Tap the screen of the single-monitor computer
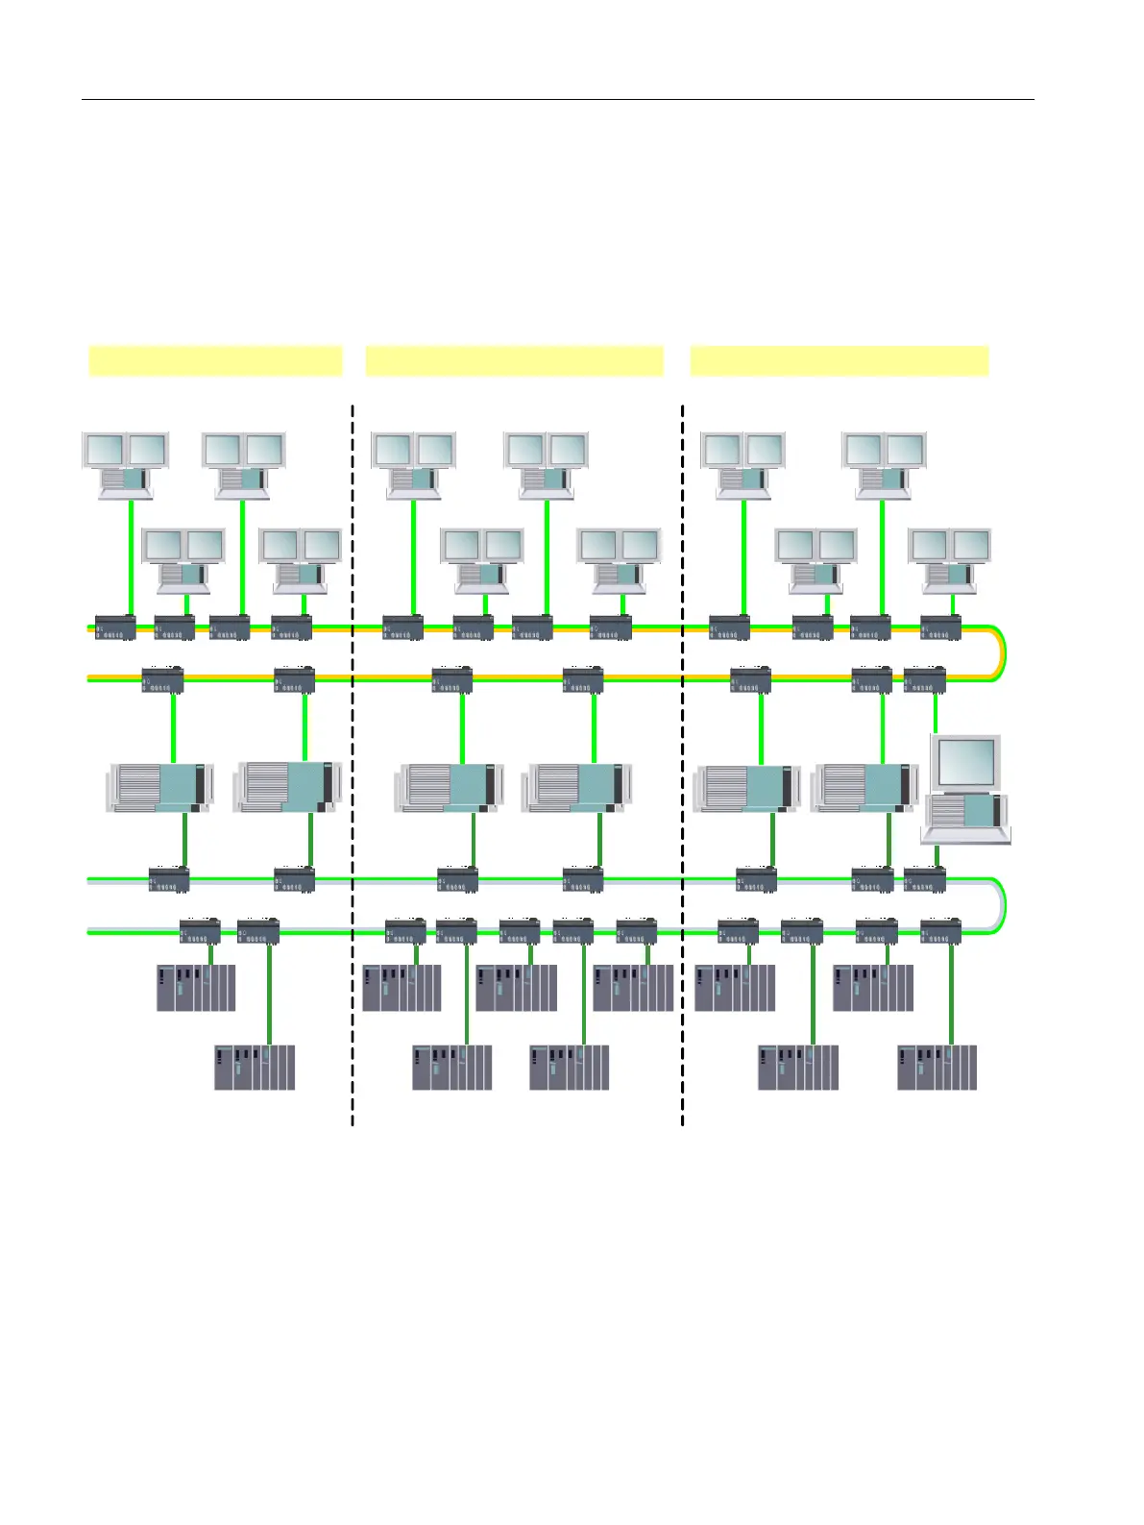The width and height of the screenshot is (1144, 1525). pos(965,762)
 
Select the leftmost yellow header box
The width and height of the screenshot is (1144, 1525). pos(215,360)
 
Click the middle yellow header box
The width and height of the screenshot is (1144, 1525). pos(514,360)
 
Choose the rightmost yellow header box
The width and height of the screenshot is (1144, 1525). pos(839,360)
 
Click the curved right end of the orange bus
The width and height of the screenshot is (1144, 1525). pos(1001,653)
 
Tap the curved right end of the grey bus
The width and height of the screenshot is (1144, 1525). pos(1001,905)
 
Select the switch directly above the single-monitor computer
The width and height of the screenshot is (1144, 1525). pos(925,680)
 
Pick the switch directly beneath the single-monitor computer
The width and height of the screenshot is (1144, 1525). pos(925,879)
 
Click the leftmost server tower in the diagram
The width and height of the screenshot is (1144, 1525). pos(159,788)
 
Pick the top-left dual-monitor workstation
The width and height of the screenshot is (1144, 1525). pos(126,465)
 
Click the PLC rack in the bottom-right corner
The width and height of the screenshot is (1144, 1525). pos(937,1067)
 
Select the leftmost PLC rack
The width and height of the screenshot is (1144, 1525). pos(196,987)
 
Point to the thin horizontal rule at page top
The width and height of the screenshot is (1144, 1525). pos(557,99)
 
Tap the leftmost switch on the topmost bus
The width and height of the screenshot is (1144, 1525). pos(115,627)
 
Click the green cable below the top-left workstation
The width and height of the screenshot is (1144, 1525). pos(131,557)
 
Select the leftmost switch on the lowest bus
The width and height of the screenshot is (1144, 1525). pos(200,931)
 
